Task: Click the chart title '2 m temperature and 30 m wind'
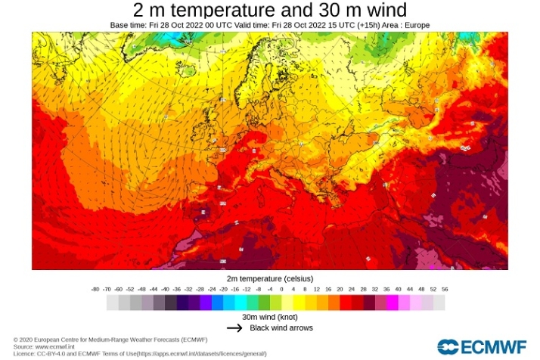[x=270, y=11]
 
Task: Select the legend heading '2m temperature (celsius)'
[x=270, y=279]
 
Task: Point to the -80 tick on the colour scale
[x=95, y=289]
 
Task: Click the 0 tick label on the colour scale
[x=281, y=289]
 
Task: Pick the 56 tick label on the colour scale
[x=445, y=289]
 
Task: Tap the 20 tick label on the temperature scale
[x=340, y=289]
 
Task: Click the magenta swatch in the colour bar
[x=393, y=303]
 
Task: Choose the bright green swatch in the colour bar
[x=264, y=303]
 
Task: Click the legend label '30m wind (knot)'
[x=270, y=317]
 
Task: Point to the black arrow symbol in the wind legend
[x=235, y=328]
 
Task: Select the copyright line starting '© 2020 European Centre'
[x=110, y=340]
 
